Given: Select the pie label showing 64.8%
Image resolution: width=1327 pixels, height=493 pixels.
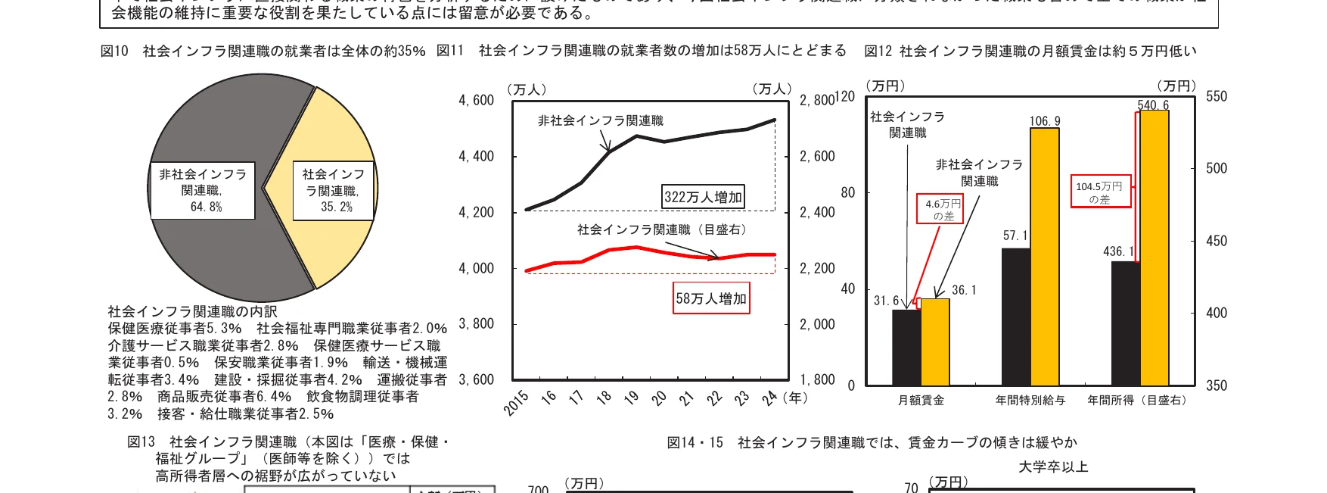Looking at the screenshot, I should coord(203,191).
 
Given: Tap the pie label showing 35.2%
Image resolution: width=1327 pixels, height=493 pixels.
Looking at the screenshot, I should coord(334,191).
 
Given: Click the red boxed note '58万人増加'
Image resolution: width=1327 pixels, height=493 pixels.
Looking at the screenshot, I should coord(711,298).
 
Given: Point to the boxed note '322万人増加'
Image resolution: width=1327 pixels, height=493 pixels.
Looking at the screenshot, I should coord(704,197).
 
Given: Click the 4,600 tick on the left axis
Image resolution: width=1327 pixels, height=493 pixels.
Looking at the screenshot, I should coord(476,101).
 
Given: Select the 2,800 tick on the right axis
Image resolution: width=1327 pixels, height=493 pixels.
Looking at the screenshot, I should coord(817,101).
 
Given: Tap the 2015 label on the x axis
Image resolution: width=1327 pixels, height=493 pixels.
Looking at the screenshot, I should coord(517,404).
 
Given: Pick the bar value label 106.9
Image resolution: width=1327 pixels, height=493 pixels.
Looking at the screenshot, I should coord(1045,121).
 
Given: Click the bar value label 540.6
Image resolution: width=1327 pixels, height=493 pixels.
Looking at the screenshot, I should coord(1154,105).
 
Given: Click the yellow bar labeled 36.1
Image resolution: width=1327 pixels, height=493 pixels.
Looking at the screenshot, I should coord(935,342).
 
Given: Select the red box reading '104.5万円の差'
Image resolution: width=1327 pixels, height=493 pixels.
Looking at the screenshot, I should coord(1100,192).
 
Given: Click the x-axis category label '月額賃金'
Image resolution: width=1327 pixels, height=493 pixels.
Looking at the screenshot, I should coord(921,401).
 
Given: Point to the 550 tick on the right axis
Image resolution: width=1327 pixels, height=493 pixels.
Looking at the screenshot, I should coord(1217,97).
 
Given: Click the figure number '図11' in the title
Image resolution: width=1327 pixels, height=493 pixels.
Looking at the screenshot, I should coord(450,51).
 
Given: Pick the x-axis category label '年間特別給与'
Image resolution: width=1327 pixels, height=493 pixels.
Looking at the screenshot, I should coord(1030,401).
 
